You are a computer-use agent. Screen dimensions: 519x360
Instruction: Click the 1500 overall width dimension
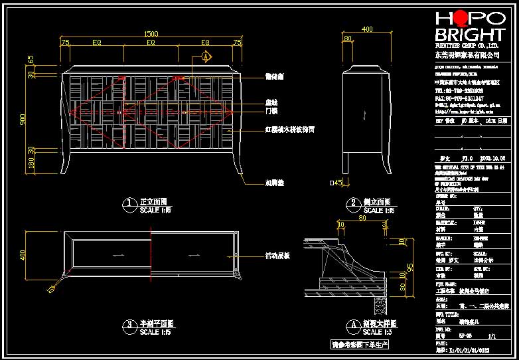151,34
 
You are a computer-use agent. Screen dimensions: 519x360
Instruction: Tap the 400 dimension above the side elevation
367,29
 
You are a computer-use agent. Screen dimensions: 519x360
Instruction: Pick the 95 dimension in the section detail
409,268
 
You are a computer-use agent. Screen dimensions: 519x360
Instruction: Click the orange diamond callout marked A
206,57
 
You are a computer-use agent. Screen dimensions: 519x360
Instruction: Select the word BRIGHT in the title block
469,36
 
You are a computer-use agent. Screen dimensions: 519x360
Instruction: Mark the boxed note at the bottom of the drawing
360,345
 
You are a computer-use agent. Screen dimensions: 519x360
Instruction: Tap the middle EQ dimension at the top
151,43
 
